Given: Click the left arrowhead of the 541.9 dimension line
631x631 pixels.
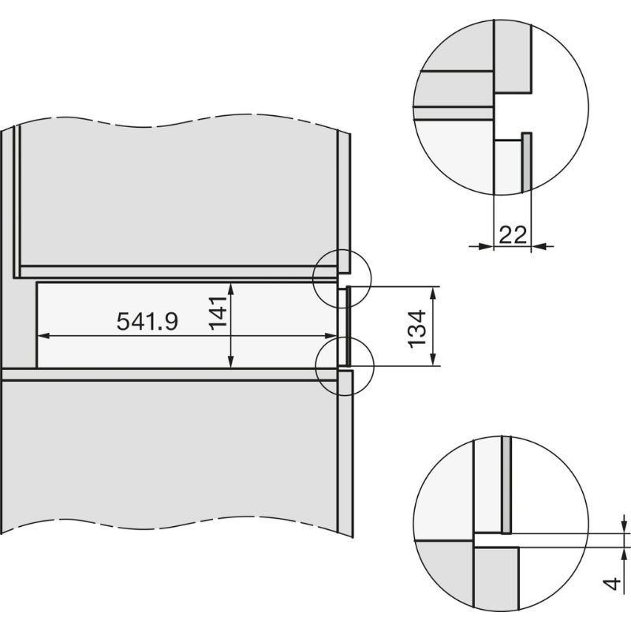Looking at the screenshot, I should pos(43,335).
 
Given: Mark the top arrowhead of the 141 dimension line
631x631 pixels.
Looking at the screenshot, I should pos(230,286).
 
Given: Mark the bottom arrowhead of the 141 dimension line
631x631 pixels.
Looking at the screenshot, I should pos(230,364).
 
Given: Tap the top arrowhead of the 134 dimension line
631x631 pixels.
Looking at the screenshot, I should pos(433,291).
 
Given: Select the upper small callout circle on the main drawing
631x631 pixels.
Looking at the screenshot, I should pos(340,275).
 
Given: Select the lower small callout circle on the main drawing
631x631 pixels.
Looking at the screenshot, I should pos(342,364).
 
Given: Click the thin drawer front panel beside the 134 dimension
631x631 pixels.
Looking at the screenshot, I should pos(344,327).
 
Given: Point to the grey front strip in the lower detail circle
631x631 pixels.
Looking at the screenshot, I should pos(506,485).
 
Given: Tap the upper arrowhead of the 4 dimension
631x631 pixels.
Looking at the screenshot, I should pos(624,528).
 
